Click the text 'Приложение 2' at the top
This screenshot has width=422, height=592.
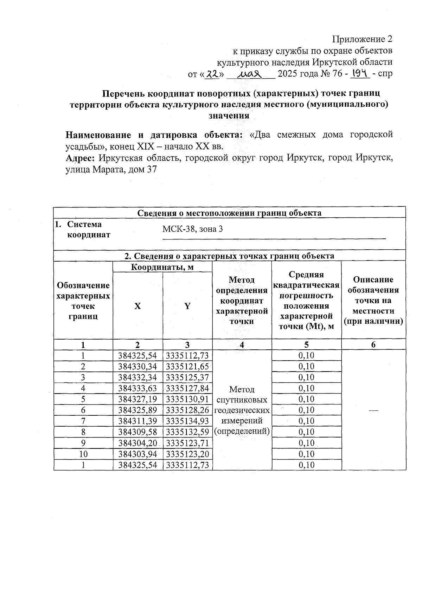363,39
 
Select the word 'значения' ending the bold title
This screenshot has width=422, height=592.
229,116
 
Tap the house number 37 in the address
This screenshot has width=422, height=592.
151,170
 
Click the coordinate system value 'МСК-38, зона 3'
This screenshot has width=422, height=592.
192,230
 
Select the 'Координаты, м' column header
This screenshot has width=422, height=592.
162,267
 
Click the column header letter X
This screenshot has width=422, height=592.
138,306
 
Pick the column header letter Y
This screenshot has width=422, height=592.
187,306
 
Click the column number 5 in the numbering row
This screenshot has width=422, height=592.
306,345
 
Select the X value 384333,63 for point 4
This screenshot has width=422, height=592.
138,388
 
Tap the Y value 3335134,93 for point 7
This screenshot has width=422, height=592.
187,421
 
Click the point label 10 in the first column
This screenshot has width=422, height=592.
83,454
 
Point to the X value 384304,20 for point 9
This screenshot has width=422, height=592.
138,443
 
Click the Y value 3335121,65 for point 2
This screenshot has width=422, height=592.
187,367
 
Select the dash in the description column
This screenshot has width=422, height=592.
373,410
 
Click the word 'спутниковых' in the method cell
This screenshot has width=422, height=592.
242,400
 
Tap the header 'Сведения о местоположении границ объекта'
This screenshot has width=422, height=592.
229,213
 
